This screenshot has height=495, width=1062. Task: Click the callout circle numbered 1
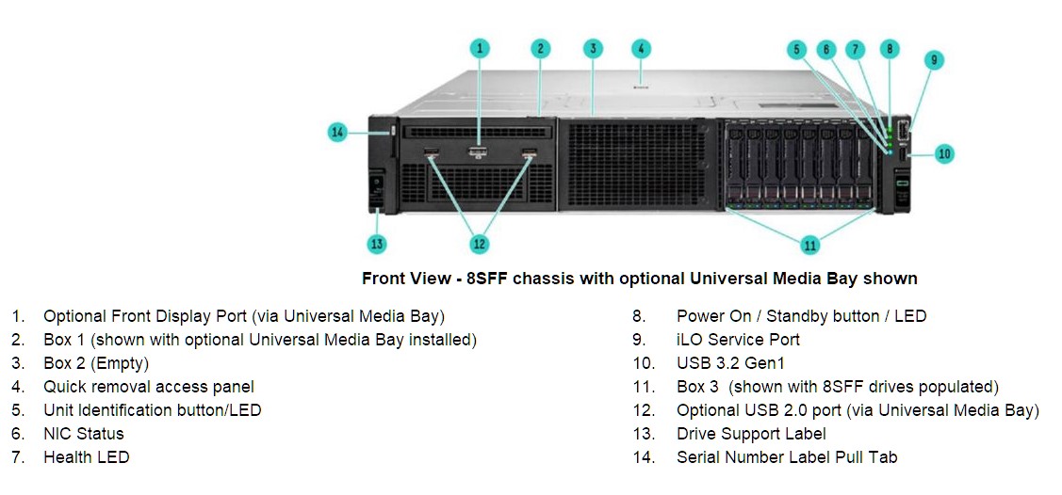point(480,48)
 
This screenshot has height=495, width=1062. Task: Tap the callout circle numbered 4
point(641,48)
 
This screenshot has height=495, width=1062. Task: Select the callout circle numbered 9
point(933,59)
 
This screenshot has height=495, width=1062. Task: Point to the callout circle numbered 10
point(945,154)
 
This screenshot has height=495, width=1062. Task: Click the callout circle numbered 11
point(810,244)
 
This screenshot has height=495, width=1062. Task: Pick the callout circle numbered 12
point(480,244)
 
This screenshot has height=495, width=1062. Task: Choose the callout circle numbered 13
point(377,244)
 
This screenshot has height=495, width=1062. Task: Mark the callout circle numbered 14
point(337,133)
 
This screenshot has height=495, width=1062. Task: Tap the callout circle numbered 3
point(593,48)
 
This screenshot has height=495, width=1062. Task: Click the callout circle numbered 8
point(890,48)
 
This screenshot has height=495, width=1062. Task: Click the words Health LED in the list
point(86,457)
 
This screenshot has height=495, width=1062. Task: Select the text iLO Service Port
point(738,340)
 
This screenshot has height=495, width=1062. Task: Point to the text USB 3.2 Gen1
point(731,363)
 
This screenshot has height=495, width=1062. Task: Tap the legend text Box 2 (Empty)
point(96,363)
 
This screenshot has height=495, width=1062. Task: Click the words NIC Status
point(84,434)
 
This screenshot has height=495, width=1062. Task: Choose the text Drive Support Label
point(751,434)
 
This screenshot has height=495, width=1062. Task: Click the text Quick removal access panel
point(149,387)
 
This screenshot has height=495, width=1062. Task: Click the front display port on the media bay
point(478,151)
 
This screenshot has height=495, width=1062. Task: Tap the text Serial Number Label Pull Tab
point(787,457)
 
